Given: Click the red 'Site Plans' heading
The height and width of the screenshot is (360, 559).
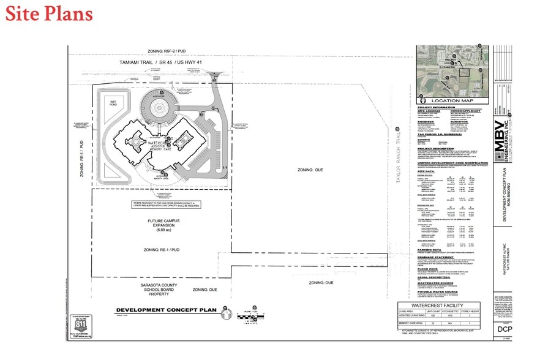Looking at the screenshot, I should [x=49, y=13].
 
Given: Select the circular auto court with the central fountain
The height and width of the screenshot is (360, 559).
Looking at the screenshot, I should [x=156, y=109].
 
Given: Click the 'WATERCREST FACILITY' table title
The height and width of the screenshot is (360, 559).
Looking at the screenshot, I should [x=437, y=306].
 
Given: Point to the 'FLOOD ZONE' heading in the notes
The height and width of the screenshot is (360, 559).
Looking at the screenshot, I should [x=427, y=268].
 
